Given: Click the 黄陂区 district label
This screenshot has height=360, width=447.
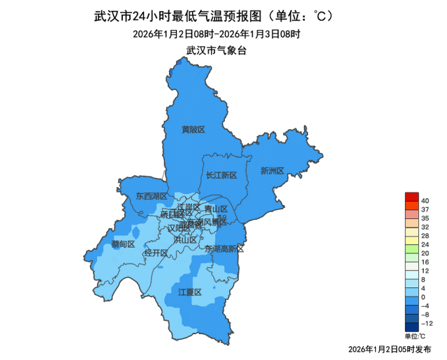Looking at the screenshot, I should (193, 130).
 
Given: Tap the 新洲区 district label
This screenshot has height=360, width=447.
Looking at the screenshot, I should (272, 171).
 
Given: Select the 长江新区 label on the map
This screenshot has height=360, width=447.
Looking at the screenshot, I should (222, 175).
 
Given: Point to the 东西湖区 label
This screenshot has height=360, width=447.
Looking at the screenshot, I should (152, 196).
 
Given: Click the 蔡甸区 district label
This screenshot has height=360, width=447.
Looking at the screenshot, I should (123, 244).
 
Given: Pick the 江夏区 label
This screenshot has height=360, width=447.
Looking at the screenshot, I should (189, 292).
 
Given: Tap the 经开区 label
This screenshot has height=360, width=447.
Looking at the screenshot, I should (156, 253).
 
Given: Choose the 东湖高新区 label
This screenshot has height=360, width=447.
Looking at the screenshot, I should (224, 248).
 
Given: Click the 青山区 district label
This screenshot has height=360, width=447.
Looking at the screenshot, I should (216, 209).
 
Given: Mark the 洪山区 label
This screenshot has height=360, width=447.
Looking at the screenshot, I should (185, 239).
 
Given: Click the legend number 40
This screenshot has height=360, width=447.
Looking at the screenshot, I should (425, 202).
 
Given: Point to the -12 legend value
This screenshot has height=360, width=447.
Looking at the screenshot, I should (426, 323).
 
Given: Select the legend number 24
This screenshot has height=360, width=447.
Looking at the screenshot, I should (425, 245).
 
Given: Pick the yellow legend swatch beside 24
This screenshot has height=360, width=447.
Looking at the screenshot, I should (411, 241).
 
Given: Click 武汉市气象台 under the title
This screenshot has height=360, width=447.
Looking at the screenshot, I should (217, 50).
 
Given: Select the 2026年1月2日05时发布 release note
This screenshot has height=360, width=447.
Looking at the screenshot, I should (390, 348).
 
